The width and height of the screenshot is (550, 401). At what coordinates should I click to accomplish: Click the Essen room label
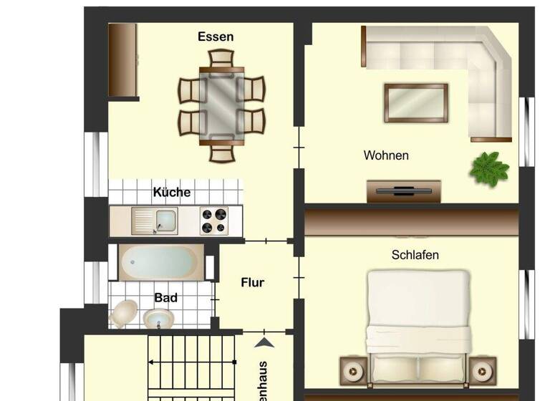coord(216,37)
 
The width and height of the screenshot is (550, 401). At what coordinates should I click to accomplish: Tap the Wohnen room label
coord(386,155)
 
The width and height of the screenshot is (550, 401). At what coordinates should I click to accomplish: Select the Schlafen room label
coord(415,254)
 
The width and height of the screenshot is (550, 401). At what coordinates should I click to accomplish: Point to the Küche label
coord(172,192)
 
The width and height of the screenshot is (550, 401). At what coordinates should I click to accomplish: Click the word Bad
coord(165,297)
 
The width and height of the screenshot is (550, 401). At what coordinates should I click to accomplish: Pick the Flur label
coord(252,282)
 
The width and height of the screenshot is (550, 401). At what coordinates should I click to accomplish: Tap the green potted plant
coord(489,170)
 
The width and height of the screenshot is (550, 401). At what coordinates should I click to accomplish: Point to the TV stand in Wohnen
coord(404,191)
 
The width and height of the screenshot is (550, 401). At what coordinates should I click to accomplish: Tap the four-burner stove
coord(213,220)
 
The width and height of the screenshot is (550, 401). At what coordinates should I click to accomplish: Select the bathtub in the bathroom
coord(160,264)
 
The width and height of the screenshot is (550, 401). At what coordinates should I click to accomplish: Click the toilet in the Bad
coord(125,313)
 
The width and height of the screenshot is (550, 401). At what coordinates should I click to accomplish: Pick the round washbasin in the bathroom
coord(157,319)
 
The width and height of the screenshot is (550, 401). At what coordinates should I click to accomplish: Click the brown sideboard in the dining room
coord(122,59)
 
